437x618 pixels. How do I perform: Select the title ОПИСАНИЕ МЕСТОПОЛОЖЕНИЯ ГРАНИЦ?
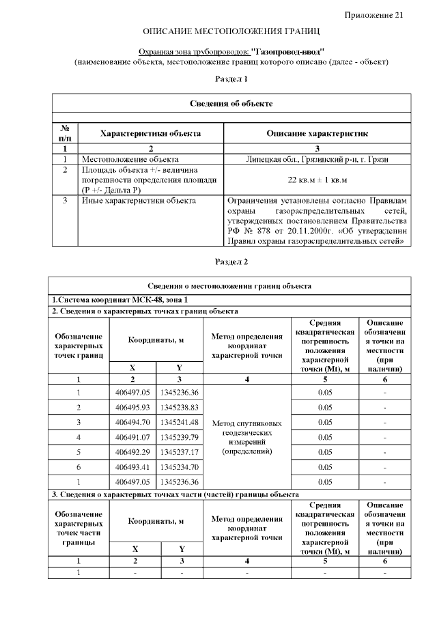click(x=231, y=32)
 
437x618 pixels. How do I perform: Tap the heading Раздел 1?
click(x=231, y=79)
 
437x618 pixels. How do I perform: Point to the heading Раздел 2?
click(x=231, y=262)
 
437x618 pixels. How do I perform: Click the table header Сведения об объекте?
click(x=231, y=103)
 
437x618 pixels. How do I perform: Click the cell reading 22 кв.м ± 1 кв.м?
click(x=318, y=180)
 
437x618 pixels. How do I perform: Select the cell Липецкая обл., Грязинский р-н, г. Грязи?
click(x=318, y=158)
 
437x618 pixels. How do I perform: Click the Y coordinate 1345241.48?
click(x=179, y=422)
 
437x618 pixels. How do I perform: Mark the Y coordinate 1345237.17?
click(x=179, y=452)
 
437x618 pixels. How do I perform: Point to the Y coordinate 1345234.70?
click(x=179, y=467)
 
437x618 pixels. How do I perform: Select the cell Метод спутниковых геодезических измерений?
click(x=247, y=437)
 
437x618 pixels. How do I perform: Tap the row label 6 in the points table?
click(x=79, y=467)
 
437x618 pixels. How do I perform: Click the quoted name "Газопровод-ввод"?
click(x=287, y=51)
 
